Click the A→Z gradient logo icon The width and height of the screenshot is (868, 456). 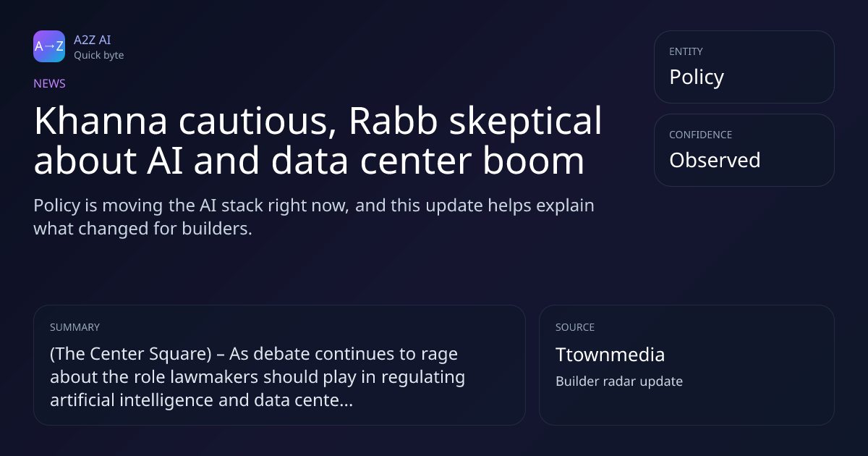49,46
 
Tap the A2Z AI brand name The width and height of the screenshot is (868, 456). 93,40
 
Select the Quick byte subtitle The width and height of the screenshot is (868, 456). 99,56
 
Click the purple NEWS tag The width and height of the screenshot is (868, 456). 49,83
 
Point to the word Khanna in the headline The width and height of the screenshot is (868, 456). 101,121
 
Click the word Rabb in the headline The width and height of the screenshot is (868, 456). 393,121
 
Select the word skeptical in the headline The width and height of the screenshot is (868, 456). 525,122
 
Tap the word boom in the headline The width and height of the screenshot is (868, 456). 533,160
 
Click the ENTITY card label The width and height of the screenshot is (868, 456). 686,51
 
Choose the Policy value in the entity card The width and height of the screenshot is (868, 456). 697,77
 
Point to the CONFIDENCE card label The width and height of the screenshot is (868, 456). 700,135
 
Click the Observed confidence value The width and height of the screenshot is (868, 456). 715,160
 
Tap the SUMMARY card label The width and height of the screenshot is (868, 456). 75,327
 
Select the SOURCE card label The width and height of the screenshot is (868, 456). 574,327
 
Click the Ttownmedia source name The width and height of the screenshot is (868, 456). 610,355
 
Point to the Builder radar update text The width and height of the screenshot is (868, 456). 619,381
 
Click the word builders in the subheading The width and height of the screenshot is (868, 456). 217,229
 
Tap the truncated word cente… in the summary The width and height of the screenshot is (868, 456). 324,400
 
